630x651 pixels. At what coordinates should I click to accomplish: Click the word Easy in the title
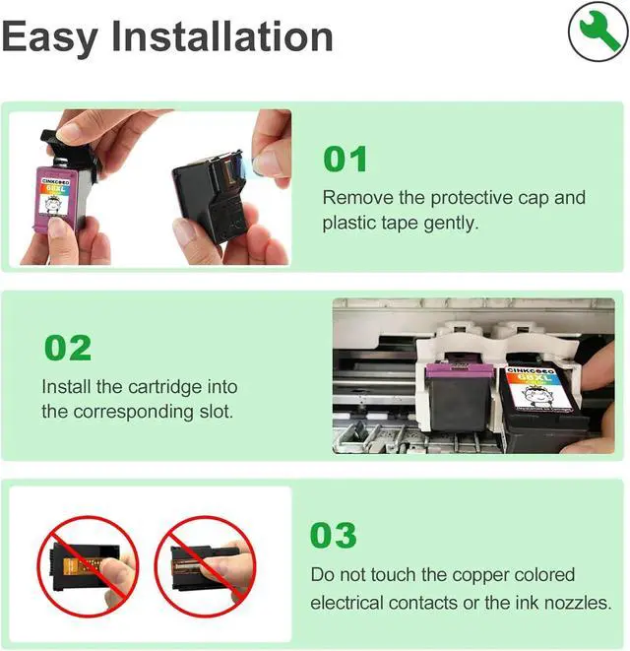pos(50,38)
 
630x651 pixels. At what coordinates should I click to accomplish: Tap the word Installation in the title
pos(222,36)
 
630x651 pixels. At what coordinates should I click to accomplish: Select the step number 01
pos(346,159)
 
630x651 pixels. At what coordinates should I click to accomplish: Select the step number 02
pos(68,348)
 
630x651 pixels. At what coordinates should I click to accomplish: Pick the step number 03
pos(334,535)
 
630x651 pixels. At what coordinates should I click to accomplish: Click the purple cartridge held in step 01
pos(58,196)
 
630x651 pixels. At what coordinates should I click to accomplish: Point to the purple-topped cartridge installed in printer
pos(460,394)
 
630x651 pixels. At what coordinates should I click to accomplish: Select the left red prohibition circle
pos(88,566)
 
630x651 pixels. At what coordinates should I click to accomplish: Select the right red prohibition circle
pos(205,566)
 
